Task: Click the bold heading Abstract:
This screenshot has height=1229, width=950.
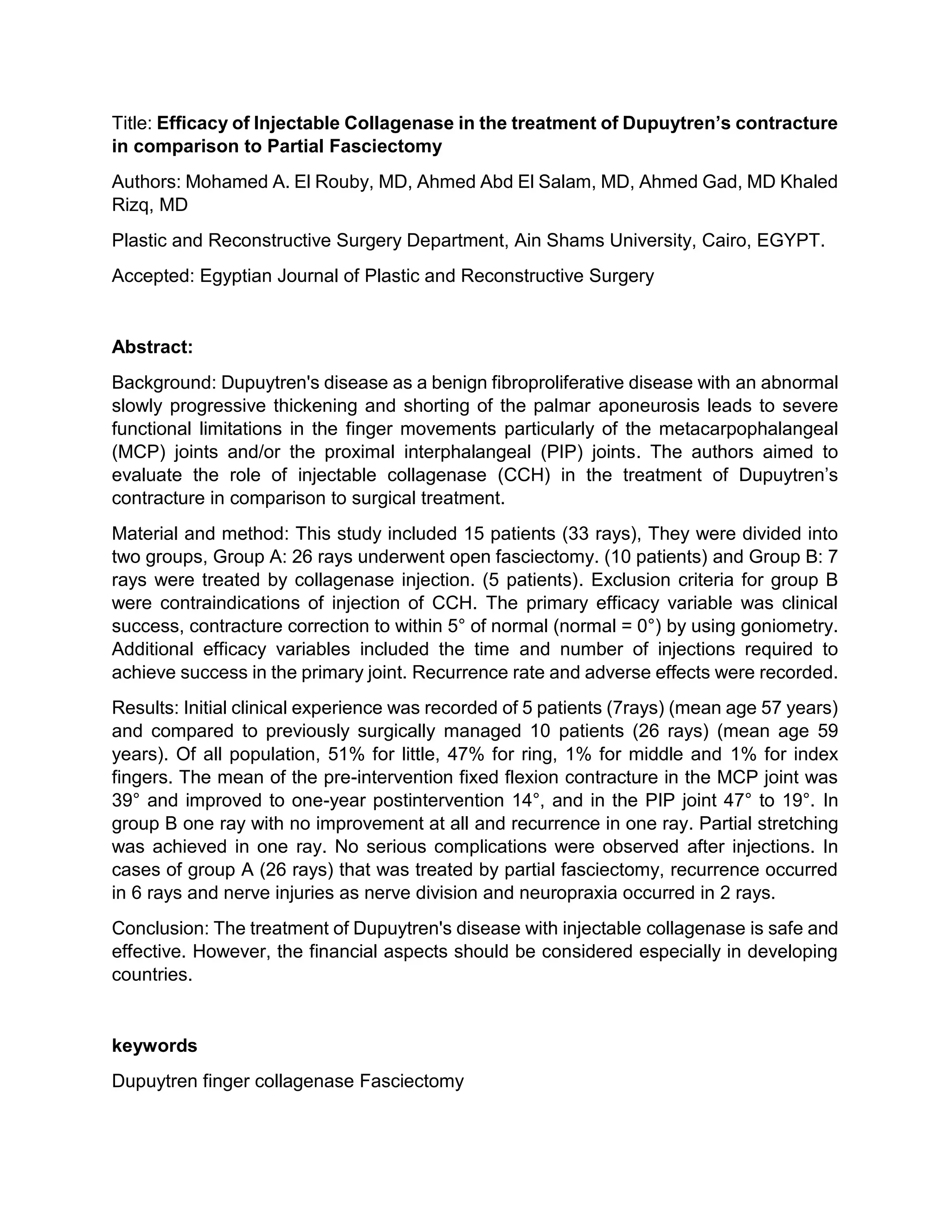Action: [x=152, y=346]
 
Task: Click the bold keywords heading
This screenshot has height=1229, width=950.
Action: [x=154, y=1045]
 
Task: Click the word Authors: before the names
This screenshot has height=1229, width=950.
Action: [x=146, y=182]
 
